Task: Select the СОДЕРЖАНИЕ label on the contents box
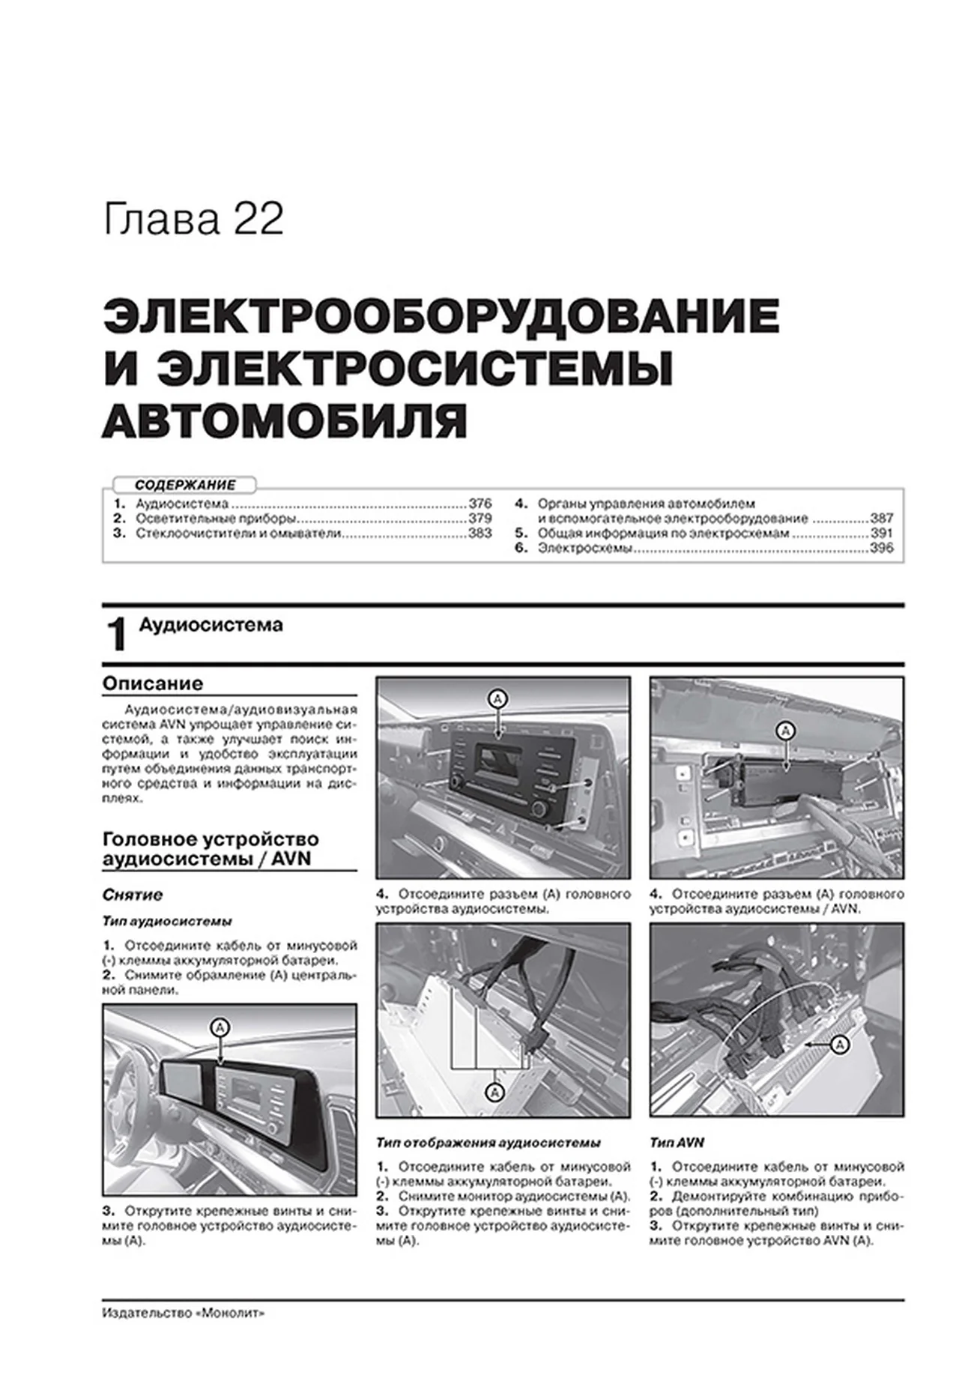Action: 185,485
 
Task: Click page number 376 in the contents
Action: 480,504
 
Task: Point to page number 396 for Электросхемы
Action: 882,549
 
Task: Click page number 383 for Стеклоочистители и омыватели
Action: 480,534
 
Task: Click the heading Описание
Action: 153,683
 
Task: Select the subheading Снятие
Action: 133,895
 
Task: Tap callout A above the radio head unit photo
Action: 498,699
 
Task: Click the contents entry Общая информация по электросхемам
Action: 662,534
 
